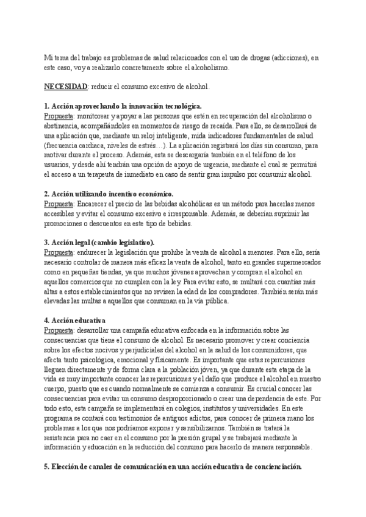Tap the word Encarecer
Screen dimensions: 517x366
coord(95,204)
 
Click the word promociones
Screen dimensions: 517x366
coord(65,224)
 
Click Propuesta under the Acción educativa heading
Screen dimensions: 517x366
coord(60,330)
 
